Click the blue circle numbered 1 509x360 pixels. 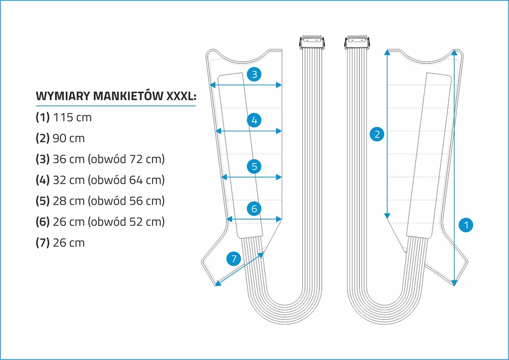[466, 225]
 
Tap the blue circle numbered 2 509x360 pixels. [377, 134]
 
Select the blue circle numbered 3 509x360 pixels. [254, 75]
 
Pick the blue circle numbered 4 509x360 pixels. [254, 120]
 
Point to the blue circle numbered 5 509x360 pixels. [254, 167]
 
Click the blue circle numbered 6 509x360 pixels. [254, 208]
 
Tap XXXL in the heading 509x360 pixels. [181, 96]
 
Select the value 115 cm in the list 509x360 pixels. [72, 117]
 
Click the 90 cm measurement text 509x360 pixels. [68, 138]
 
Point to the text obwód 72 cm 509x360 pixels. [126, 159]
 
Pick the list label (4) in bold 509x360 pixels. [43, 180]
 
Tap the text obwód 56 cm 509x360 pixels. [126, 201]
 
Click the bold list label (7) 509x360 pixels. [43, 243]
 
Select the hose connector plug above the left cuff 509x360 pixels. [312, 42]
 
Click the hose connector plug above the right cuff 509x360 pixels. [357, 42]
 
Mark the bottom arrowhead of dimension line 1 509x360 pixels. [455, 283]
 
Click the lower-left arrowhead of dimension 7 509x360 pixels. [218, 283]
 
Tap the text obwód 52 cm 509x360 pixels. [126, 222]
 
